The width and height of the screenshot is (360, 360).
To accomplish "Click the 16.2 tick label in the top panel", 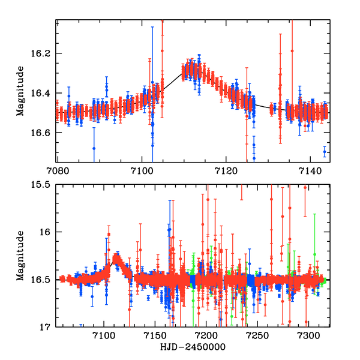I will [44, 53].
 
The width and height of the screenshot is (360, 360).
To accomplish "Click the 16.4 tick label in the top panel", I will [44, 93].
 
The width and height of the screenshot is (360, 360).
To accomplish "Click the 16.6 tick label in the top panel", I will [44, 133].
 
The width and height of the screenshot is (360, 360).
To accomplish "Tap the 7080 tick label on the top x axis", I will [58, 170].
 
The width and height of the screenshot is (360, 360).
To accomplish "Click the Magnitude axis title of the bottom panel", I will [20, 256].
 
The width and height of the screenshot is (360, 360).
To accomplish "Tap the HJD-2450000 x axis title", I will [193, 347].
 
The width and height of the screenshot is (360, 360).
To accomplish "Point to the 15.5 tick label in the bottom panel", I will [44, 185].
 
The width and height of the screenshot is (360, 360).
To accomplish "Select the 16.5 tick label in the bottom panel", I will [44, 280].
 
